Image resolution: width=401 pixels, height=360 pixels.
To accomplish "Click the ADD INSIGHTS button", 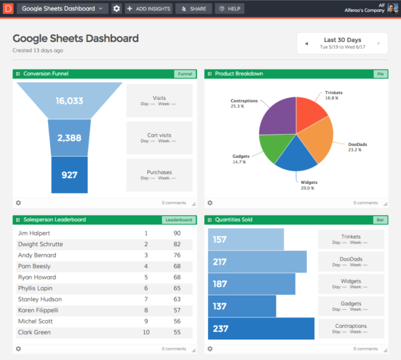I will [149, 9].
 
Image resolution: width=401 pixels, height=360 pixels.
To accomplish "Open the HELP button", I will [228, 9].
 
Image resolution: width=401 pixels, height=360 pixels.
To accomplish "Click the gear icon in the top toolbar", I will [117, 9].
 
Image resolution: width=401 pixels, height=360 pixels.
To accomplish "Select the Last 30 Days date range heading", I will [342, 39].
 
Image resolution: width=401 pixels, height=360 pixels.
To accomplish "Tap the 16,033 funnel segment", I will [69, 101].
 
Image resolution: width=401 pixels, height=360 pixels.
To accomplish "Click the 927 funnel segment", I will [69, 175].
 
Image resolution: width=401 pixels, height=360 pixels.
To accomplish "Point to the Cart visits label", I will [159, 135].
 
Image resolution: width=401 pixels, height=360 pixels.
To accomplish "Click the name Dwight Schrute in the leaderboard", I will [41, 245].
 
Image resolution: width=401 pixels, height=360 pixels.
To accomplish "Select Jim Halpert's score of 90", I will [177, 233].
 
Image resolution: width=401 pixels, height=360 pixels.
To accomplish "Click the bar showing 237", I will [261, 329].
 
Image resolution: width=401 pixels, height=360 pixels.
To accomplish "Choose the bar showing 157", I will [246, 239].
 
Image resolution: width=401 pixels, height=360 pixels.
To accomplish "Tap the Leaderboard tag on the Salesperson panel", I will [178, 220].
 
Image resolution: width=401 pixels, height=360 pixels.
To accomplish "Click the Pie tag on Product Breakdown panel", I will [380, 73].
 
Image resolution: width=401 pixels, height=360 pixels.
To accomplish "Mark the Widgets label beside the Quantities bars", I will [351, 281].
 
